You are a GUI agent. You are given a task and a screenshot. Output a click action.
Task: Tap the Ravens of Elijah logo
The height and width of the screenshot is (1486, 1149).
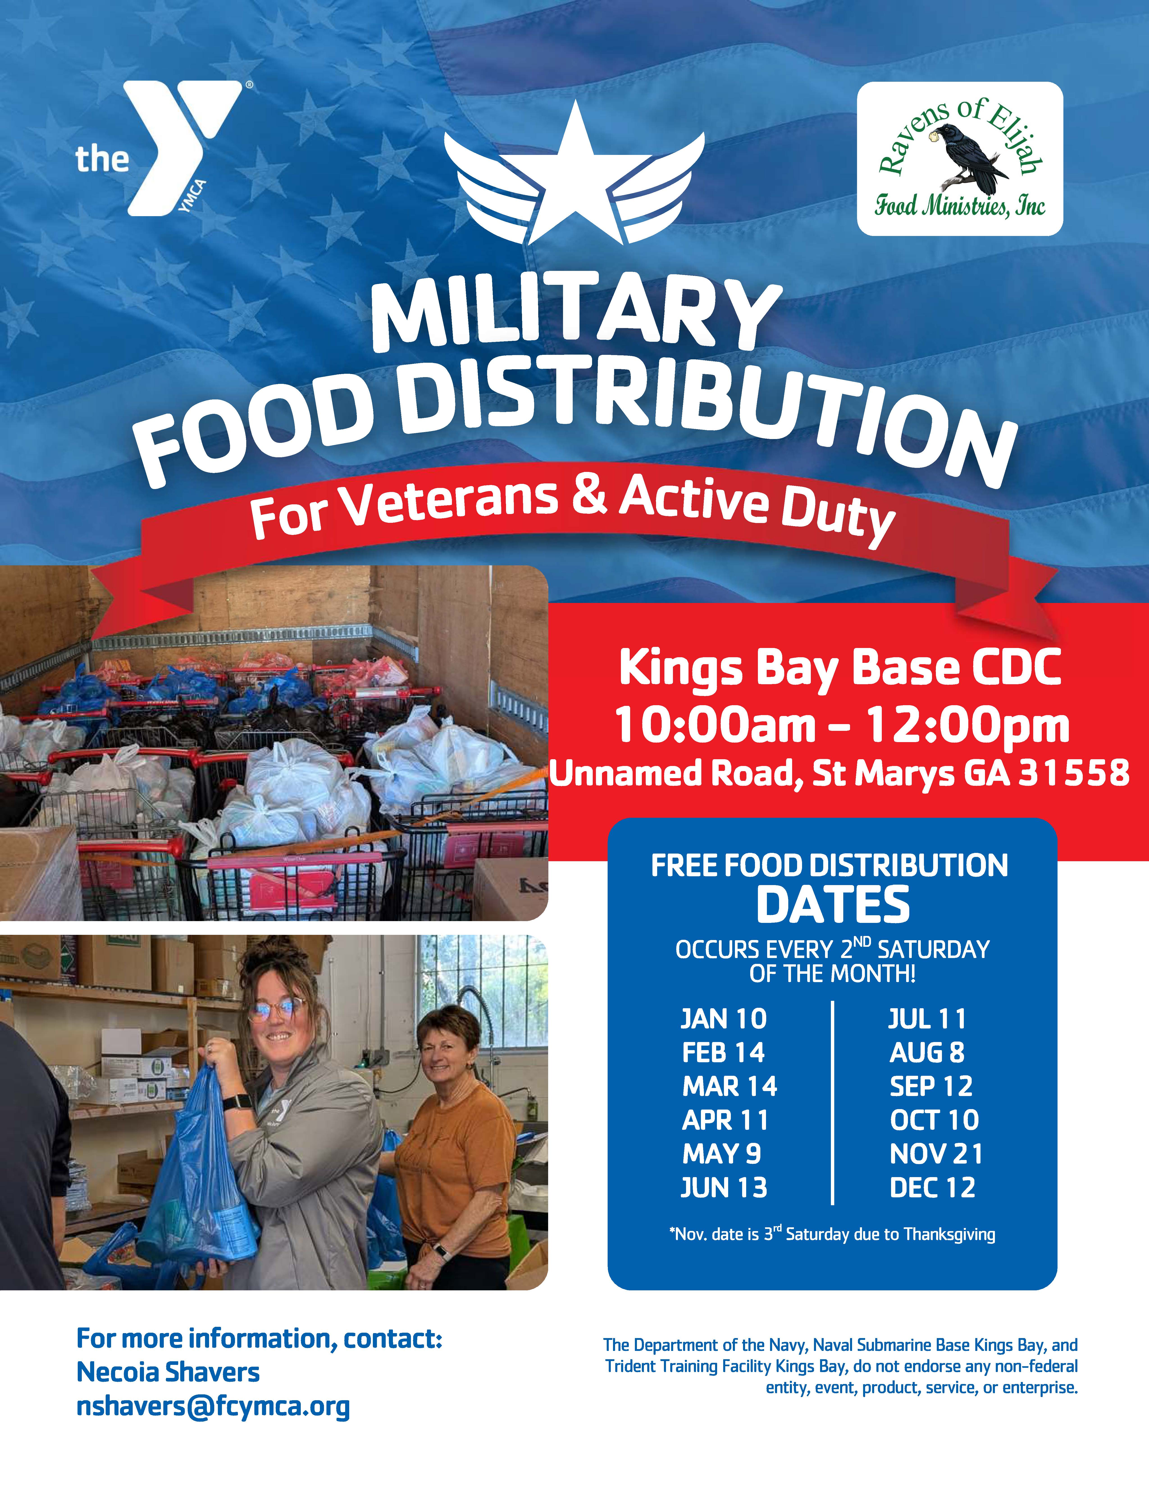tap(960, 159)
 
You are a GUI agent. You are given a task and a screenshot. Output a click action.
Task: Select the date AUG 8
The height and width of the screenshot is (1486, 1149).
tap(927, 1053)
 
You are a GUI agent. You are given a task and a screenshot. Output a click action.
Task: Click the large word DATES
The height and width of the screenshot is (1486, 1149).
tap(833, 905)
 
